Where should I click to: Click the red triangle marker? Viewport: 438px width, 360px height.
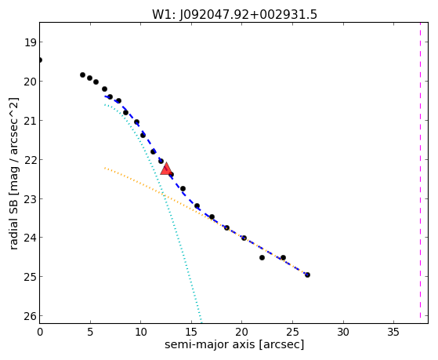point(166,169)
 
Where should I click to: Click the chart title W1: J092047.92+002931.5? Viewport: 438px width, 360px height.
point(234,15)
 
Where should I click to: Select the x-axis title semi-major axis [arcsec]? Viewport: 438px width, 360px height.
point(234,344)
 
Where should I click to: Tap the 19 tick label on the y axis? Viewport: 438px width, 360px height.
point(30,43)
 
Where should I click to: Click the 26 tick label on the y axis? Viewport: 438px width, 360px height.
point(30,316)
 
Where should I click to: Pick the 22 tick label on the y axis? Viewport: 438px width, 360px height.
point(30,160)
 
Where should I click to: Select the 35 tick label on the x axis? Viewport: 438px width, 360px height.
point(393,333)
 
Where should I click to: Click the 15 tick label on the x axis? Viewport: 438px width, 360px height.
point(191,333)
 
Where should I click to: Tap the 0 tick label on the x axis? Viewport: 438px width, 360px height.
point(40,333)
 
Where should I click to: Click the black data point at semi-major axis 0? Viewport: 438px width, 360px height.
point(40,60)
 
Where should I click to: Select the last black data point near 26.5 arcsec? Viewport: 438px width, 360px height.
point(307,275)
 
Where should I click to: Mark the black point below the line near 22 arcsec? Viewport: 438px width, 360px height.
point(262,257)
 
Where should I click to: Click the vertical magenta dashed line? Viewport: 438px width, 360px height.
point(420,173)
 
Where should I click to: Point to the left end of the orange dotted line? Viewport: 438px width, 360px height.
point(105,168)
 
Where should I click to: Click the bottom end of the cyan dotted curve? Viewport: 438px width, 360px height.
point(201,320)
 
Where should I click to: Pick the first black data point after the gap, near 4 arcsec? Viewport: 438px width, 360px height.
point(82,75)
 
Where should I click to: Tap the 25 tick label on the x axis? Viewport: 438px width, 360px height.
point(292,333)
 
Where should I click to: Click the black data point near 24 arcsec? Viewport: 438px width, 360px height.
point(283,257)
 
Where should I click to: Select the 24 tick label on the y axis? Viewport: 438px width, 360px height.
point(30,238)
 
